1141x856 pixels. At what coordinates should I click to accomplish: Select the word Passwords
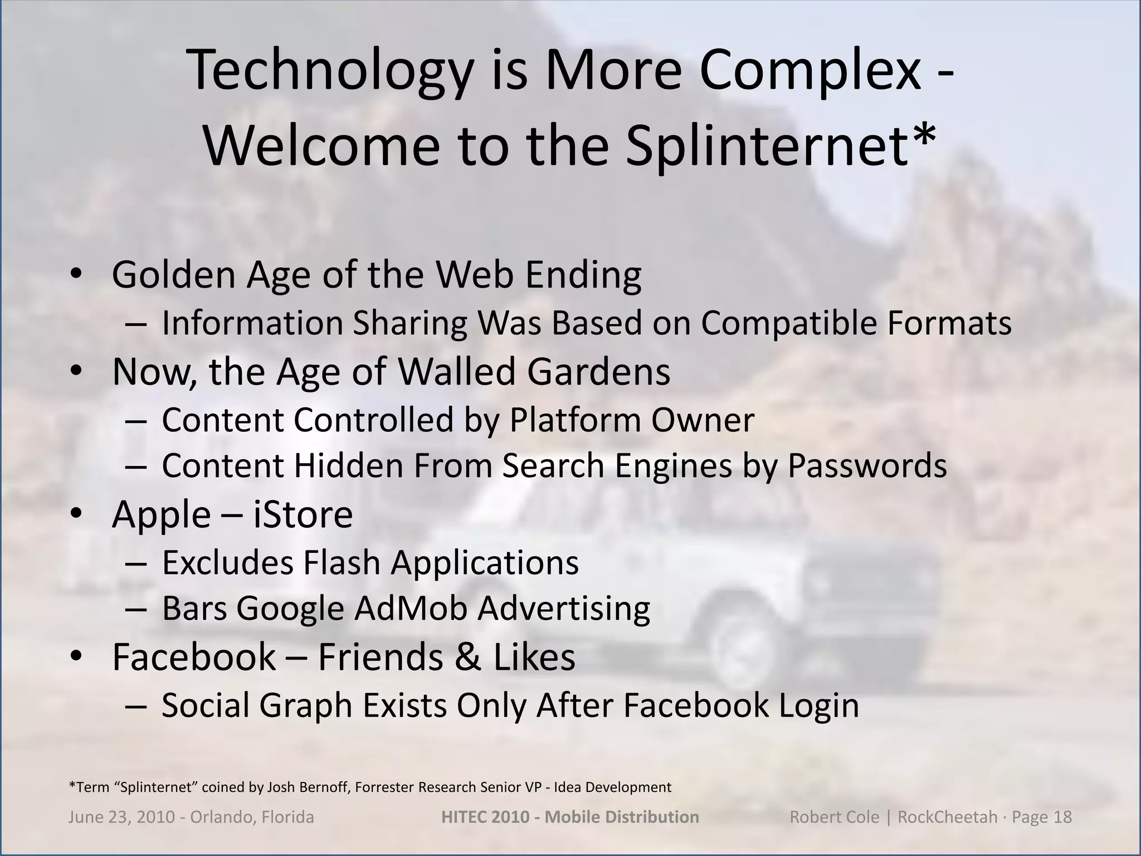pos(867,465)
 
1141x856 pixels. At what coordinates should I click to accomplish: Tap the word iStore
pos(303,514)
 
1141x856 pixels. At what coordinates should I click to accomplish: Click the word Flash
pos(342,562)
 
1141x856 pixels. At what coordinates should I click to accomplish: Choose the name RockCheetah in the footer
pos(948,817)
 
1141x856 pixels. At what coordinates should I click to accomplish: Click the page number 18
pos(1061,817)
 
